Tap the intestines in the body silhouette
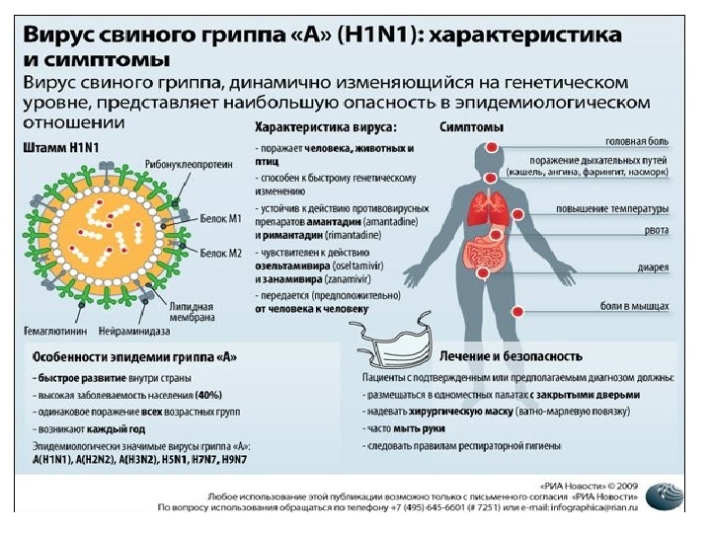(485, 246)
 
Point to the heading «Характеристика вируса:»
(326, 127)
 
